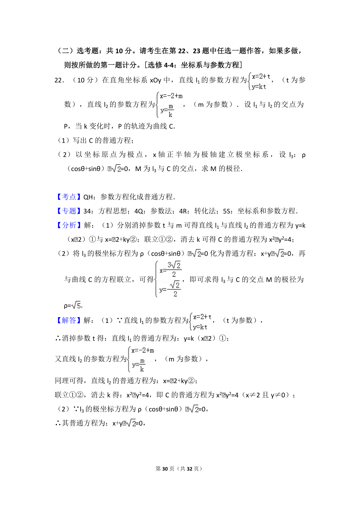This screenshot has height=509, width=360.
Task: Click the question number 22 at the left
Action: coord(58,80)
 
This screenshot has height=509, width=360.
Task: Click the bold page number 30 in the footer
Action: coord(165,469)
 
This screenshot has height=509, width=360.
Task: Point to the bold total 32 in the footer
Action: coord(189,469)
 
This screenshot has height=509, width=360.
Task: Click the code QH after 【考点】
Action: coord(88,197)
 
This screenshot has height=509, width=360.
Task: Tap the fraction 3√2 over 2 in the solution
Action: coord(174,269)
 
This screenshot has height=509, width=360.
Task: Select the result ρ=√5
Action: coord(73,306)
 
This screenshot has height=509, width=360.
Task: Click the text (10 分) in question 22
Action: coord(85,80)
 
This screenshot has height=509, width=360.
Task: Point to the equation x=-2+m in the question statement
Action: coord(171,96)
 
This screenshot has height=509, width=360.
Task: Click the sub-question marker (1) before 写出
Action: coord(63,140)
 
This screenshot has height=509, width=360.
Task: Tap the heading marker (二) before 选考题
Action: coord(65,51)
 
